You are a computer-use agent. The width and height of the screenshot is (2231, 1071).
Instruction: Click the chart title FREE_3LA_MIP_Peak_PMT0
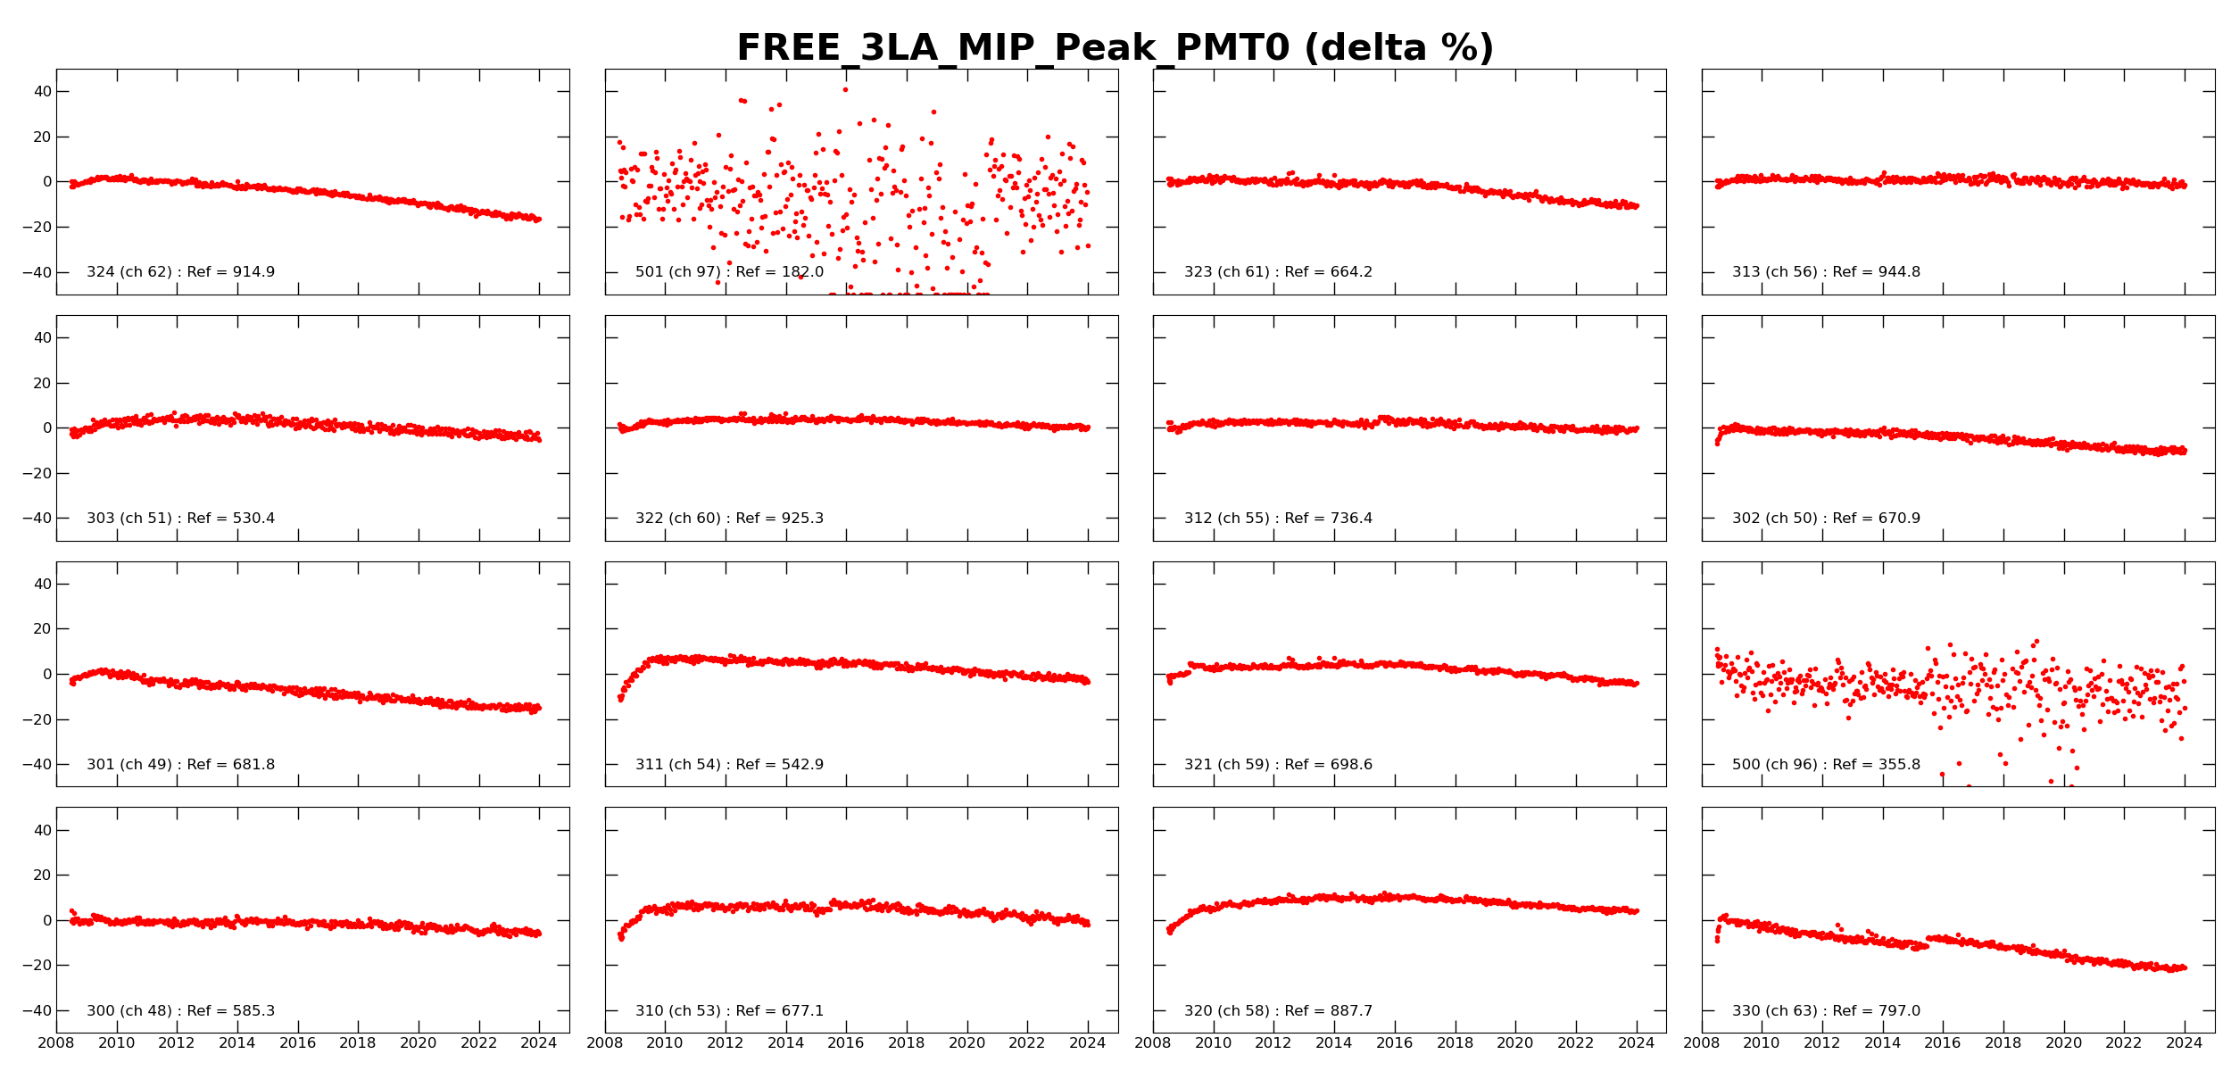[1115, 48]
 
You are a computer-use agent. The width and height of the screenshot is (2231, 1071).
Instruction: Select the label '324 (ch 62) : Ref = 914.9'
[180, 272]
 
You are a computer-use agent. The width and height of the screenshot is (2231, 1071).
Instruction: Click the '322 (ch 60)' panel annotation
[729, 519]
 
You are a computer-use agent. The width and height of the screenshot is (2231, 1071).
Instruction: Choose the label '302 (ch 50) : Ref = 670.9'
[1826, 519]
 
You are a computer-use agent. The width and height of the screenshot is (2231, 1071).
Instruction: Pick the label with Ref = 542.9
[729, 765]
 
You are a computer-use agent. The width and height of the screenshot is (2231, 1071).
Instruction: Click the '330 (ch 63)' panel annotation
[1826, 1011]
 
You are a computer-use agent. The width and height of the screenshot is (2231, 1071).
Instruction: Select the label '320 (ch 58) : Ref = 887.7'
[1278, 1011]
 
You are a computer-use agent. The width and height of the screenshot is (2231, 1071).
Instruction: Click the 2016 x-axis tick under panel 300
[297, 1043]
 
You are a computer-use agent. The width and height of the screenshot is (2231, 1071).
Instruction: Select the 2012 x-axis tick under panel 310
[725, 1043]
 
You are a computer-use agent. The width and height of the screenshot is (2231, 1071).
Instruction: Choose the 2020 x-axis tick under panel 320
[1514, 1043]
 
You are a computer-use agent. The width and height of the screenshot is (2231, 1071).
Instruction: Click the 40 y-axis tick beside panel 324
[42, 92]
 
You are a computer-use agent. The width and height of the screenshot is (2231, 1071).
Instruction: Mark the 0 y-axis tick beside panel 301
[47, 675]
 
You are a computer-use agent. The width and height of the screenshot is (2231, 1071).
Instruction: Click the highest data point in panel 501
[845, 89]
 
